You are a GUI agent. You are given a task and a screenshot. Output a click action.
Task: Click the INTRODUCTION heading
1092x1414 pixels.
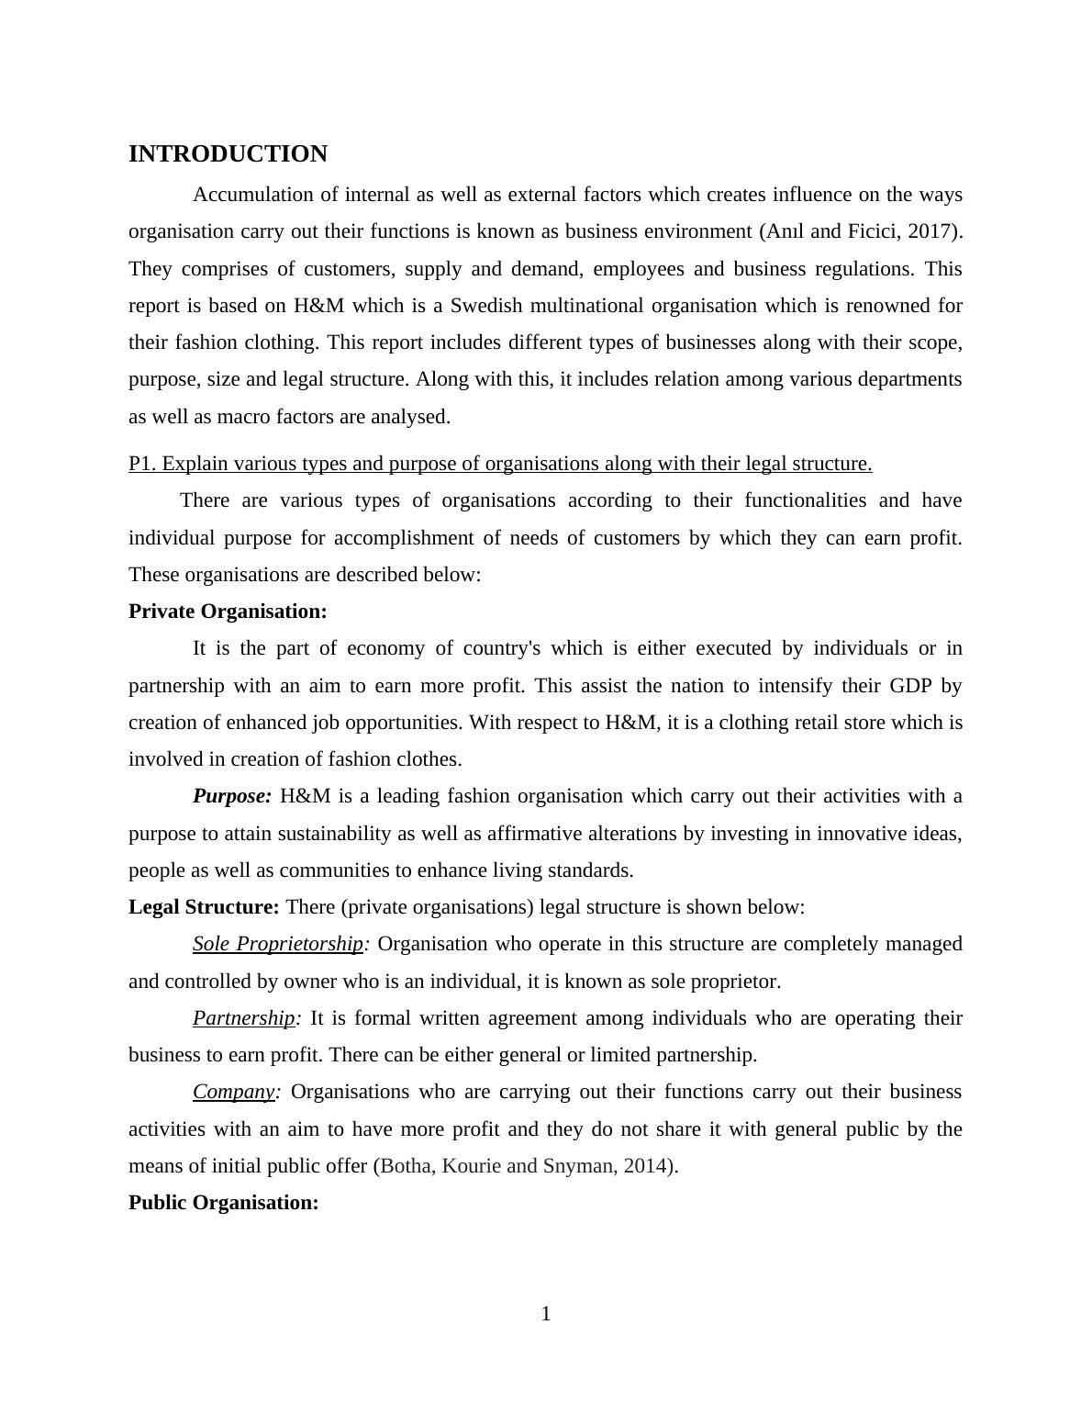(228, 154)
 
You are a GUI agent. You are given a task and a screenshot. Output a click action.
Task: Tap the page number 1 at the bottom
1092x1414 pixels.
(546, 1314)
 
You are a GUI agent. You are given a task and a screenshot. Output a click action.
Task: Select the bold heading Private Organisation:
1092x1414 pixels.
(228, 612)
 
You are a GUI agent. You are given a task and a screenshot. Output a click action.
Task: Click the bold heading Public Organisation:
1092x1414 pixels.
(224, 1203)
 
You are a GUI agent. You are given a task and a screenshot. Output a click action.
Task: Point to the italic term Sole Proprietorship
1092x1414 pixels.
(278, 944)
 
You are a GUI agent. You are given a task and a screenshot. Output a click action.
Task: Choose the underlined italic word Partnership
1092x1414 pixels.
(244, 1018)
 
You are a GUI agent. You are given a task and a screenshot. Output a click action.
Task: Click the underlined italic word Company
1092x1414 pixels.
(234, 1092)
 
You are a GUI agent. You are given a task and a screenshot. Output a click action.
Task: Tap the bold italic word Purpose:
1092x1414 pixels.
(232, 796)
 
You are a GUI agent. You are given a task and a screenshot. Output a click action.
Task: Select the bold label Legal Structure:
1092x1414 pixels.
(204, 907)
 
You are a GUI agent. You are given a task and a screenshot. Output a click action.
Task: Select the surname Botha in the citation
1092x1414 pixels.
(405, 1166)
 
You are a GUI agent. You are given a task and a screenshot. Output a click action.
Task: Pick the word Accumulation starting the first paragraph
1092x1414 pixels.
(247, 195)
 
